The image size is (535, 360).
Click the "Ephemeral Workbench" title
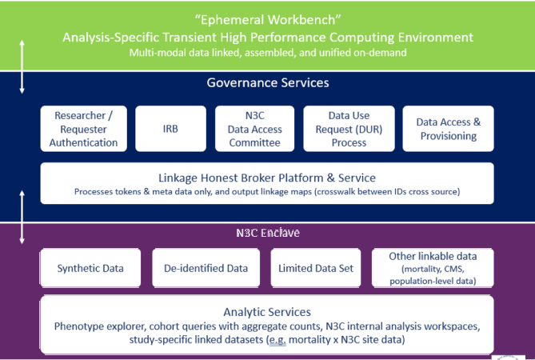(267, 20)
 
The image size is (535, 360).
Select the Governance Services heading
(267, 82)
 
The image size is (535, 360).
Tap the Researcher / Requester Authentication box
(84, 129)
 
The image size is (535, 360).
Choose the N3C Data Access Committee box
(255, 129)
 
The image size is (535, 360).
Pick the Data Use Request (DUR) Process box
(349, 129)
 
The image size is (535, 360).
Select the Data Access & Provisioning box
(448, 129)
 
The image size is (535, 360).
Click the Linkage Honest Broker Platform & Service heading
(267, 177)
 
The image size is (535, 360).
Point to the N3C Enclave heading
(267, 234)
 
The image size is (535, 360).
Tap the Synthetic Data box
(90, 268)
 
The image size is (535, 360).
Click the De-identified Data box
(206, 268)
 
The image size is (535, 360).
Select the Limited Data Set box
(316, 268)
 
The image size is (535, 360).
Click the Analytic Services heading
(267, 312)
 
